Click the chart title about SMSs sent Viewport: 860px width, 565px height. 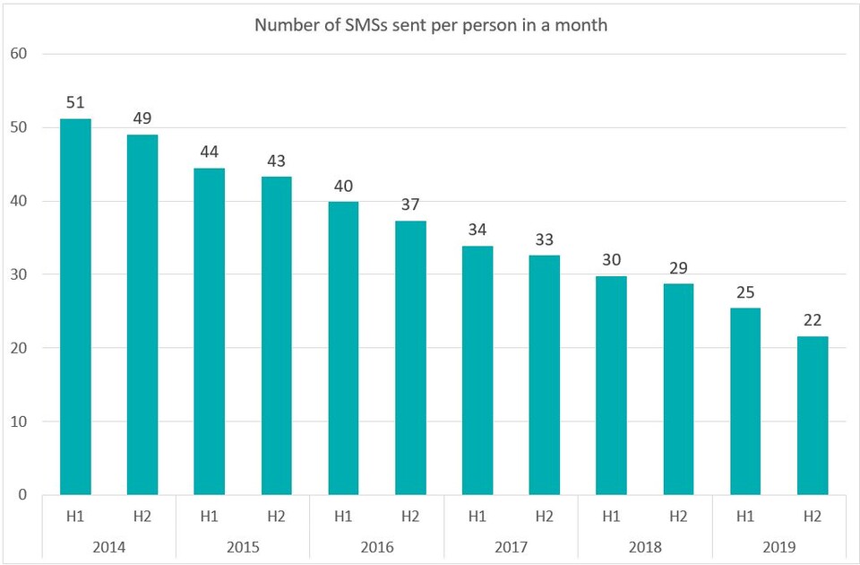pyautogui.click(x=430, y=25)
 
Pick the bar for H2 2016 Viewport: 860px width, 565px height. pyautogui.click(x=410, y=358)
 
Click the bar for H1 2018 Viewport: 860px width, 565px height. pyautogui.click(x=611, y=386)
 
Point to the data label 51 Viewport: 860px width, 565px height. pyautogui.click(x=75, y=102)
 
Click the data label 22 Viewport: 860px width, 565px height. pyautogui.click(x=812, y=320)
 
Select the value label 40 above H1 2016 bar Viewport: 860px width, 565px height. pyautogui.click(x=343, y=186)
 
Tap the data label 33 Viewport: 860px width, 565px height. pyautogui.click(x=544, y=239)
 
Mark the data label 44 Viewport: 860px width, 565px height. pyautogui.click(x=209, y=152)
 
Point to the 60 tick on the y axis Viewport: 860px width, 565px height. pyautogui.click(x=20, y=54)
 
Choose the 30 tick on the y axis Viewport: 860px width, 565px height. pyautogui.click(x=20, y=274)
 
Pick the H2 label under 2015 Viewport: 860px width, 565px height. pyautogui.click(x=276, y=517)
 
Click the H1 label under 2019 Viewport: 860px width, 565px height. pyautogui.click(x=745, y=517)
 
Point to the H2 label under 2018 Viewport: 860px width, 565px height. pyautogui.click(x=678, y=517)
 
